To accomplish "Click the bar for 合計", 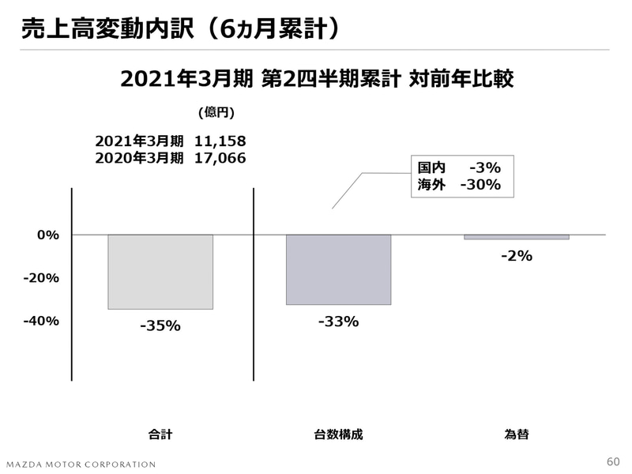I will pos(160,272).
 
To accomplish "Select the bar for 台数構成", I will pos(338,269).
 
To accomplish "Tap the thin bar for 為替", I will pos(516,237).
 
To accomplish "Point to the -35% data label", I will pos(160,325).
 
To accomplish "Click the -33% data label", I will pos(338,322).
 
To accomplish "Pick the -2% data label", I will pos(517,256).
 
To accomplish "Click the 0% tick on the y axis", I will pos(48,235).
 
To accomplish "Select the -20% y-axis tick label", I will pos(41,278).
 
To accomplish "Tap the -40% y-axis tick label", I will pos(41,321).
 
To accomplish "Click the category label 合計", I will pos(160,434).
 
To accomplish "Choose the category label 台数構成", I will pos(338,434).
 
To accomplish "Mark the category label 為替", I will pos(517,434).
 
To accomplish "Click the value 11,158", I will pos(220,141).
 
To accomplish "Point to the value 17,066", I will pos(220,158).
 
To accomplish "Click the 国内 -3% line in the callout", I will pos(459,167).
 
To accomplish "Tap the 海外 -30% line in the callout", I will pos(459,185).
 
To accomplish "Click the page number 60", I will pos(613,461).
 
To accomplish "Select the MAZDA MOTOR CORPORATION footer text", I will pos(81,464).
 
